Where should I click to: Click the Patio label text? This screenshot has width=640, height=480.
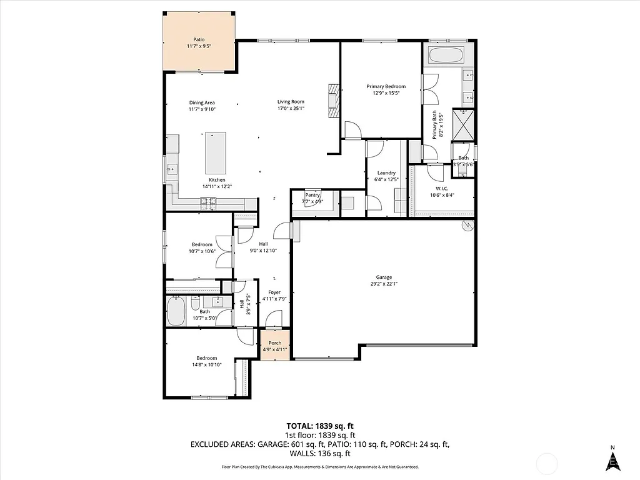point(199,39)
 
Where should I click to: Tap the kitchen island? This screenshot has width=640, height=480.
point(216,153)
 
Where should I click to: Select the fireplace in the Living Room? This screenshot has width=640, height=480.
point(334,101)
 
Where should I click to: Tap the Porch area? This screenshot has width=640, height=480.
point(275,346)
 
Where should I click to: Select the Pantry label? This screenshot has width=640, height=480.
point(312,195)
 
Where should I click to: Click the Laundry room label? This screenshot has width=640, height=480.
point(386,173)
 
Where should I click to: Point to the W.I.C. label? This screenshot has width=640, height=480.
point(442,188)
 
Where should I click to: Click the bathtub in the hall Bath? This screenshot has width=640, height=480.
point(176,312)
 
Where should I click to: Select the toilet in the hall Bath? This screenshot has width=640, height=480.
point(195,304)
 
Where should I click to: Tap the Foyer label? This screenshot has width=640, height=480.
point(274,292)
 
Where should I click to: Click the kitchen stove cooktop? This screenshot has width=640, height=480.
point(208,201)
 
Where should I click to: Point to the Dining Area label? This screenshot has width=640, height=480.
point(202,102)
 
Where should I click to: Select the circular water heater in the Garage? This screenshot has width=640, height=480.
point(466,226)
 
